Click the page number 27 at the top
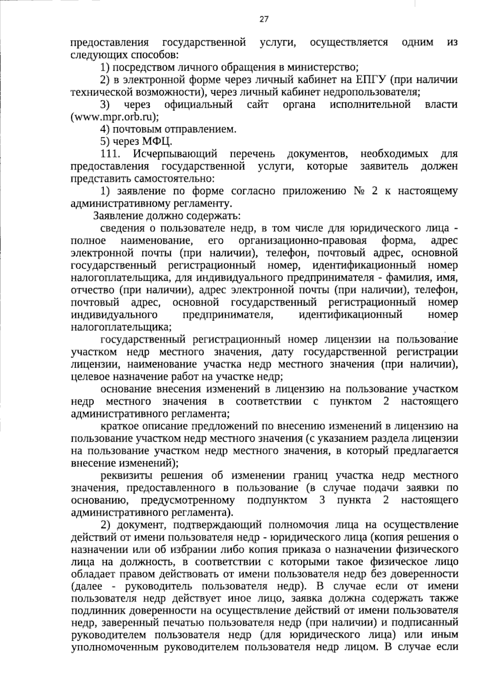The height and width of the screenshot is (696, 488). click(264, 19)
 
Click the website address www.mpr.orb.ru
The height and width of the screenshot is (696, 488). click(114, 117)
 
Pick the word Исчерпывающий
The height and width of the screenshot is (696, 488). click(174, 154)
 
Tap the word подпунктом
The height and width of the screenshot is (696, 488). click(277, 500)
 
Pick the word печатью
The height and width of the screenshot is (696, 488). click(187, 623)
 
